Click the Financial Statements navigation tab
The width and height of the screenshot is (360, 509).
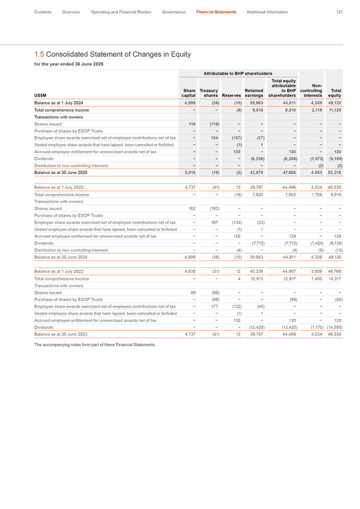(216, 12)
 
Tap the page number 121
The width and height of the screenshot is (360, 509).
(339, 12)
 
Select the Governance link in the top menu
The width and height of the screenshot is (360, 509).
(173, 12)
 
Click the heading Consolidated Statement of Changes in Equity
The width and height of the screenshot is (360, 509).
(112, 54)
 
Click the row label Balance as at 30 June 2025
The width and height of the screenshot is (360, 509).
(61, 173)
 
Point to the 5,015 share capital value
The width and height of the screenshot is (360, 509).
(189, 173)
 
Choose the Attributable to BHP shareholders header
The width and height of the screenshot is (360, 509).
(238, 73)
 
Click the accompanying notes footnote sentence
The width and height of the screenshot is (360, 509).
(95, 330)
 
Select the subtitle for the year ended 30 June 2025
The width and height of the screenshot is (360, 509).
(69, 64)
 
